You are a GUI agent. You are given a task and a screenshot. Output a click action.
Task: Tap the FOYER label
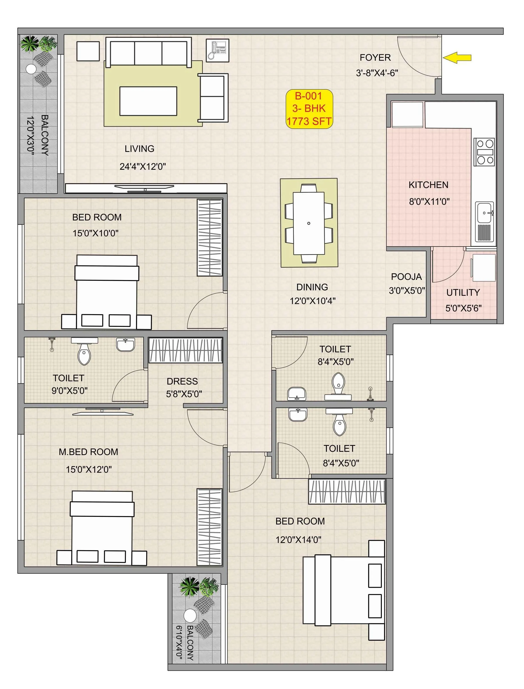[375, 58]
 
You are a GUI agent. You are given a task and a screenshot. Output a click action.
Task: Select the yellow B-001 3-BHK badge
[309, 109]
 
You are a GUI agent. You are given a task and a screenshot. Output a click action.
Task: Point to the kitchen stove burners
[484, 152]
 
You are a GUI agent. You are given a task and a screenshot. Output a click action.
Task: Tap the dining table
[309, 223]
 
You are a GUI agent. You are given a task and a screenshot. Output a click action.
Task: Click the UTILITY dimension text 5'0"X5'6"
[463, 308]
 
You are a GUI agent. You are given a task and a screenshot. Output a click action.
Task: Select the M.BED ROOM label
[89, 452]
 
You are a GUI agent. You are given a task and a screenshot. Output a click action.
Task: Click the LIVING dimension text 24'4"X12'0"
[143, 166]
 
